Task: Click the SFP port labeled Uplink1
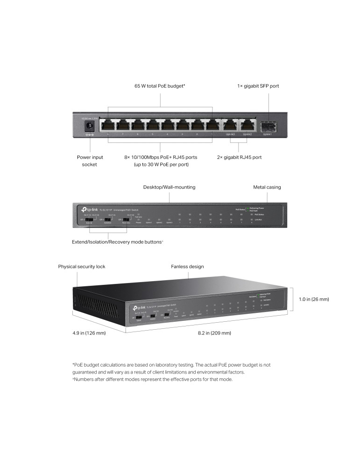pos(267,125)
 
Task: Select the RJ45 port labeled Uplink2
pos(247,125)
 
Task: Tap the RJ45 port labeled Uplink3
pos(230,125)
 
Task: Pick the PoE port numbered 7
pos(123,125)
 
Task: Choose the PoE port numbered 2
pos(197,125)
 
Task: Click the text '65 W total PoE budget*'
pos(160,86)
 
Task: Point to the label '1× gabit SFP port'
pos(258,86)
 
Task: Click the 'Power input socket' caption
pos(90,161)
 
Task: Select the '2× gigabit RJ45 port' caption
pos(240,157)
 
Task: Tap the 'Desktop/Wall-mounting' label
pos(169,187)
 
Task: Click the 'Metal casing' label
pos(267,187)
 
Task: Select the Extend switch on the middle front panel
pos(89,219)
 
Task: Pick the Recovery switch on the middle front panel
pos(126,219)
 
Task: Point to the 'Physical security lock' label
pos(82,267)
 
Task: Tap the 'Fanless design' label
pos(187,267)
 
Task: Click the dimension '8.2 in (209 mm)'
pos(214,333)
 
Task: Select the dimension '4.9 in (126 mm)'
pos(89,333)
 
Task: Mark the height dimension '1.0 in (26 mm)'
pos(314,299)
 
